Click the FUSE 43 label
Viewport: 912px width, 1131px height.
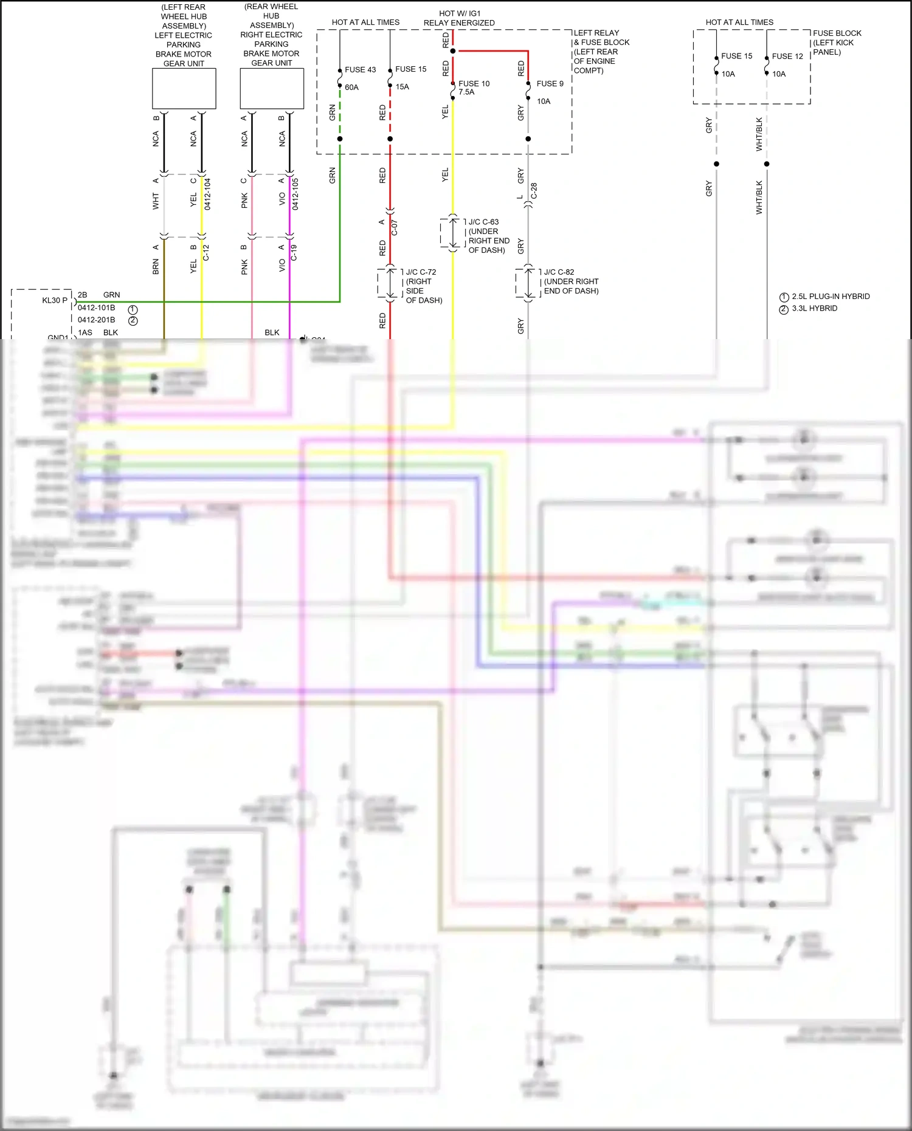(360, 70)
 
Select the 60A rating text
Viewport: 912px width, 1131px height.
(351, 88)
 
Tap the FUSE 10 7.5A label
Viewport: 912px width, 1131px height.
(474, 88)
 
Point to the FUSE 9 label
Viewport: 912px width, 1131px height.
(550, 84)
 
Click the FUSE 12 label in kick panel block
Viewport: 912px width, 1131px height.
(787, 57)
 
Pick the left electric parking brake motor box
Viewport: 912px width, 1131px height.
(184, 89)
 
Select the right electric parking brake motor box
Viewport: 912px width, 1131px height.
(272, 89)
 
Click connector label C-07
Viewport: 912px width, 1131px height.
(394, 228)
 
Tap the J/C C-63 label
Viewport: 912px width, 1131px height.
(483, 222)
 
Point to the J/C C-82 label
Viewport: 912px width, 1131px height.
(559, 272)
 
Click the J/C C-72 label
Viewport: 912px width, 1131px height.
(421, 272)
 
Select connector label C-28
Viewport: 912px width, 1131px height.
(534, 191)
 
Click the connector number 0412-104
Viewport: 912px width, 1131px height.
(207, 194)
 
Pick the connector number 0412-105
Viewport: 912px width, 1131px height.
(295, 194)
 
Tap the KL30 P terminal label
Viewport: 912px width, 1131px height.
(55, 300)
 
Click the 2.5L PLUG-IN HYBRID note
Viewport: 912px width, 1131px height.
(831, 297)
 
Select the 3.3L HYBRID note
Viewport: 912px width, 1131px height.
(814, 309)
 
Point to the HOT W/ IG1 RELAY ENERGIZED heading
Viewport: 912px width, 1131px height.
(459, 18)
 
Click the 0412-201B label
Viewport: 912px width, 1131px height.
(96, 320)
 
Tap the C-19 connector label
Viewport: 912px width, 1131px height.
(294, 253)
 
